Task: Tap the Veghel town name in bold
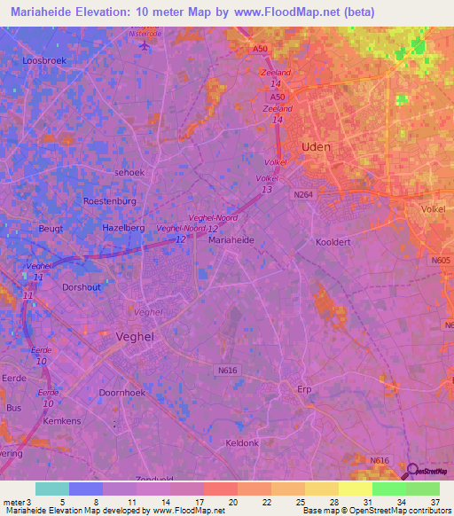[137, 337]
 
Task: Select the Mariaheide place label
[231, 240]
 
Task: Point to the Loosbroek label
[43, 61]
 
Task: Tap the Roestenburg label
[110, 201]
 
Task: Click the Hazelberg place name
[123, 228]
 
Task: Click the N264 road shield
[304, 194]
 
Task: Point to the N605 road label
[441, 261]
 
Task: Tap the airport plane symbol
[145, 45]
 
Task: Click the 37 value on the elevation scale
[434, 503]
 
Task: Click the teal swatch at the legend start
[51, 489]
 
